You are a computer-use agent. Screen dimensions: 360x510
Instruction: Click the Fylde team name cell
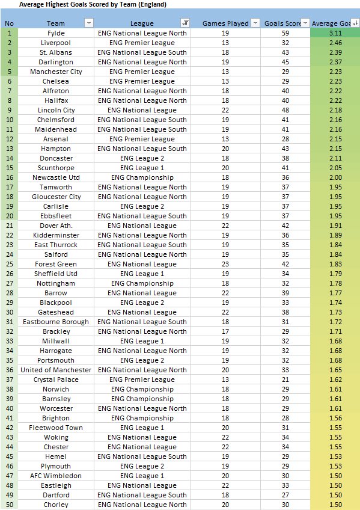[56, 33]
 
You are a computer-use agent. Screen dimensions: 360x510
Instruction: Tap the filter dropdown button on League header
[185, 23]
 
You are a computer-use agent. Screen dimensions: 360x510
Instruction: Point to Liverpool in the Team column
[56, 43]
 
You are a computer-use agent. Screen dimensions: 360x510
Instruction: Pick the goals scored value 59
[285, 33]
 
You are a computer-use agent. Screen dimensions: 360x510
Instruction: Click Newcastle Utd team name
[56, 177]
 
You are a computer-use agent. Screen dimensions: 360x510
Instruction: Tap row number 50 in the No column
[9, 505]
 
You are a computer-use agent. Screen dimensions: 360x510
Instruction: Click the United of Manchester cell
[56, 370]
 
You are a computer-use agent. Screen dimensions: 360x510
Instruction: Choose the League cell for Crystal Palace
[142, 379]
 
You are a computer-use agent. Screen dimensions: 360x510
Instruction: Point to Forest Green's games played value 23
[225, 264]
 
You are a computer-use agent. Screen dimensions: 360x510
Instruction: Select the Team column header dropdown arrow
[89, 23]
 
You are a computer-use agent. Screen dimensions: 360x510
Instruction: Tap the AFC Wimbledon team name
[56, 476]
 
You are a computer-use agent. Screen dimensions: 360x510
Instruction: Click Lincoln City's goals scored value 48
[285, 110]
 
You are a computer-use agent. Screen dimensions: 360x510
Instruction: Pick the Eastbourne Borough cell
[56, 322]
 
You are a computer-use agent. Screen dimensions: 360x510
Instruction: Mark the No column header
[9, 23]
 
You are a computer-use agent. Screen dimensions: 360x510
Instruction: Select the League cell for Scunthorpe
[142, 168]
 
